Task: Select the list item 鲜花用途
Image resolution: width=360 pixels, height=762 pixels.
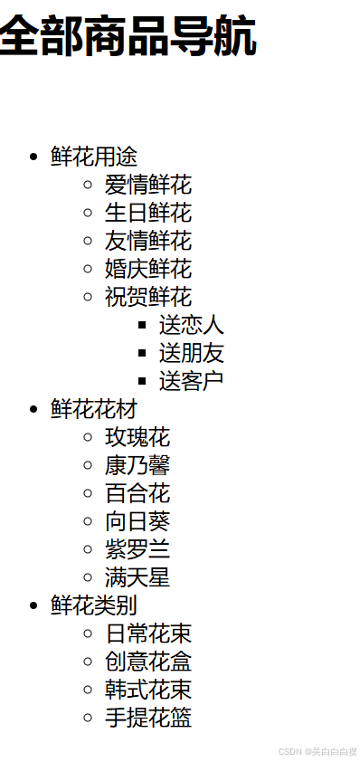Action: [x=94, y=157]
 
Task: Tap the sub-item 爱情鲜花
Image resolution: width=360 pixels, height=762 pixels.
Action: [x=148, y=185]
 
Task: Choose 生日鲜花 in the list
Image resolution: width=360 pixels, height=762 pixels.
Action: [x=148, y=213]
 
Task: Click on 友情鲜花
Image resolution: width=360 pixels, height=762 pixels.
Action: [x=148, y=241]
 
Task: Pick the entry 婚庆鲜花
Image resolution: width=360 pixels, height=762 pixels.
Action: [x=148, y=269]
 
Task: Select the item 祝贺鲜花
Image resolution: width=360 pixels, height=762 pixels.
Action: [x=148, y=297]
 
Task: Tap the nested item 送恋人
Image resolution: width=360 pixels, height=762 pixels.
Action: [x=192, y=325]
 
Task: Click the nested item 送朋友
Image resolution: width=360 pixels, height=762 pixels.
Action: [x=192, y=353]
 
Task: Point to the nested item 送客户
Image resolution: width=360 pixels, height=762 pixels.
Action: [x=192, y=381]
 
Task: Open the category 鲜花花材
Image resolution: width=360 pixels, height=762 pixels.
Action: [x=94, y=409]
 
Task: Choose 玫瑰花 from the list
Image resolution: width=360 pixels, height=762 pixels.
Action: [x=137, y=437]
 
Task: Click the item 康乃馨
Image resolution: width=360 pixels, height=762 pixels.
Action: [x=137, y=465]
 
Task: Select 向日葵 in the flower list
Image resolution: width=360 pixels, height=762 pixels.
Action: [x=137, y=521]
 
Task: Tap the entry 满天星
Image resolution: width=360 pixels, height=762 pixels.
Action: [x=137, y=577]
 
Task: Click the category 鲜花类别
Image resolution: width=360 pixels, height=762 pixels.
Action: [x=94, y=605]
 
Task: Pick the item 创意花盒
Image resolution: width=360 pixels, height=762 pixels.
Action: [x=148, y=662]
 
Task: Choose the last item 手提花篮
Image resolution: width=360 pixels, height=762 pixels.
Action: [x=148, y=718]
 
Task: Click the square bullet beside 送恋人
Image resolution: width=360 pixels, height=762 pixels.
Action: [x=142, y=325]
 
